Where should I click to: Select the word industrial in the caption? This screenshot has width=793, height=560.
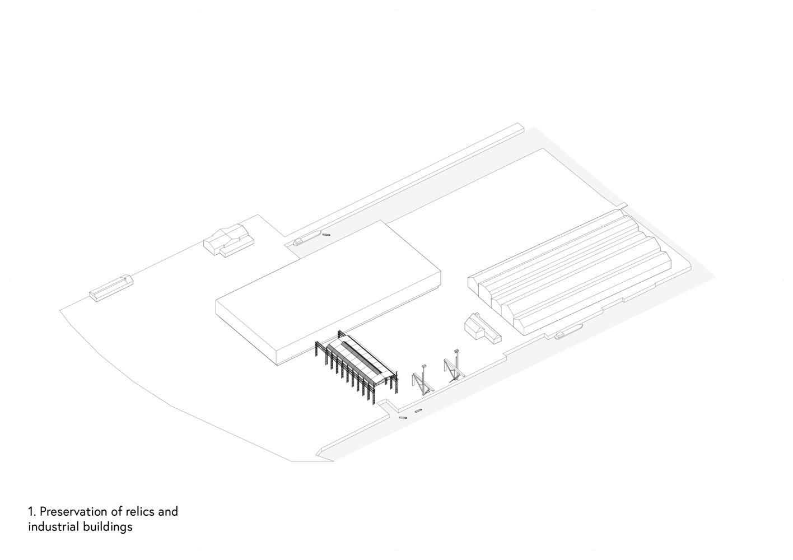54,527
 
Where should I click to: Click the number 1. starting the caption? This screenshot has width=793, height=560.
32,512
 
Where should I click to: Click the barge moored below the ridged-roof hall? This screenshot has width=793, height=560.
568,332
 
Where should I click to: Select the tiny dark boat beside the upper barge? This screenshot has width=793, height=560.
326,234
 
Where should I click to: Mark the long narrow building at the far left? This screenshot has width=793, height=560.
111,288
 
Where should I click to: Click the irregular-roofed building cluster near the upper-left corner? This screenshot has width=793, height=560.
228,240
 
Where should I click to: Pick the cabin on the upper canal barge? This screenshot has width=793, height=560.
298,242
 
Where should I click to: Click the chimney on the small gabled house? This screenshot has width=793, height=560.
477,314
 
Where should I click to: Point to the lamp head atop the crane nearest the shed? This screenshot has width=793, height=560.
425,366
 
